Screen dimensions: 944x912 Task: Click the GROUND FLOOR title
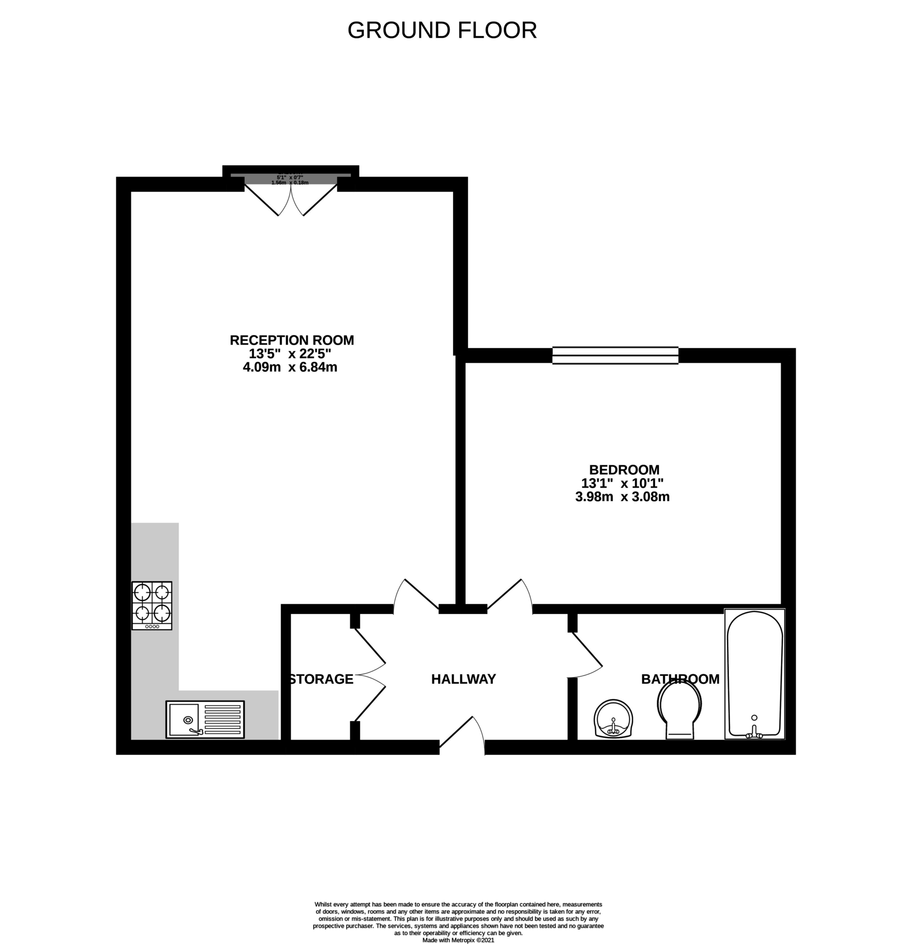442,30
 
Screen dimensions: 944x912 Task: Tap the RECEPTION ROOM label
291,340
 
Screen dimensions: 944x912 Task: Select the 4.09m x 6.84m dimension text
290,367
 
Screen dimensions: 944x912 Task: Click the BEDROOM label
624,470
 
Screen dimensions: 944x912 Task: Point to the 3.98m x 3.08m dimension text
622,496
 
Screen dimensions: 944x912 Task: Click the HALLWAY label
463,679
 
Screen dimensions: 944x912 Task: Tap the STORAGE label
321,679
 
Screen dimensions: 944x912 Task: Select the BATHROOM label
680,679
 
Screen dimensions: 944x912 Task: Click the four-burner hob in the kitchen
152,605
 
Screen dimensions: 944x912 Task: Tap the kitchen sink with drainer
205,719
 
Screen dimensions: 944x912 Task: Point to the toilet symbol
679,711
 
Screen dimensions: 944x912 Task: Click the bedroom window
615,355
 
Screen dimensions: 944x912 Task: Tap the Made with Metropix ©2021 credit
458,940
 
